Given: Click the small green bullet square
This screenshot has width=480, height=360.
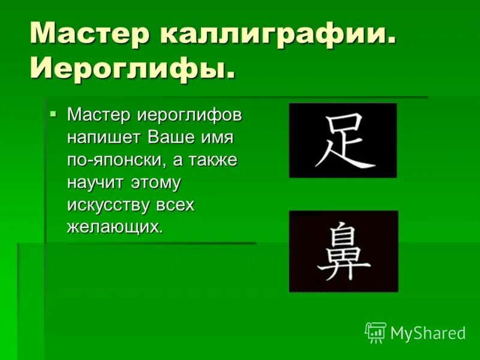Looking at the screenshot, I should click(x=53, y=112).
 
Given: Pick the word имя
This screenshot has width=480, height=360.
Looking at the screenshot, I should click(x=217, y=137).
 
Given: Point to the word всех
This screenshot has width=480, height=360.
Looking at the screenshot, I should click(x=175, y=205).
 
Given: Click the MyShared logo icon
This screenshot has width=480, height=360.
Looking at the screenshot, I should click(x=375, y=332).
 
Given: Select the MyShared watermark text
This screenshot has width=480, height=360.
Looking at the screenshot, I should click(x=428, y=334).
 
